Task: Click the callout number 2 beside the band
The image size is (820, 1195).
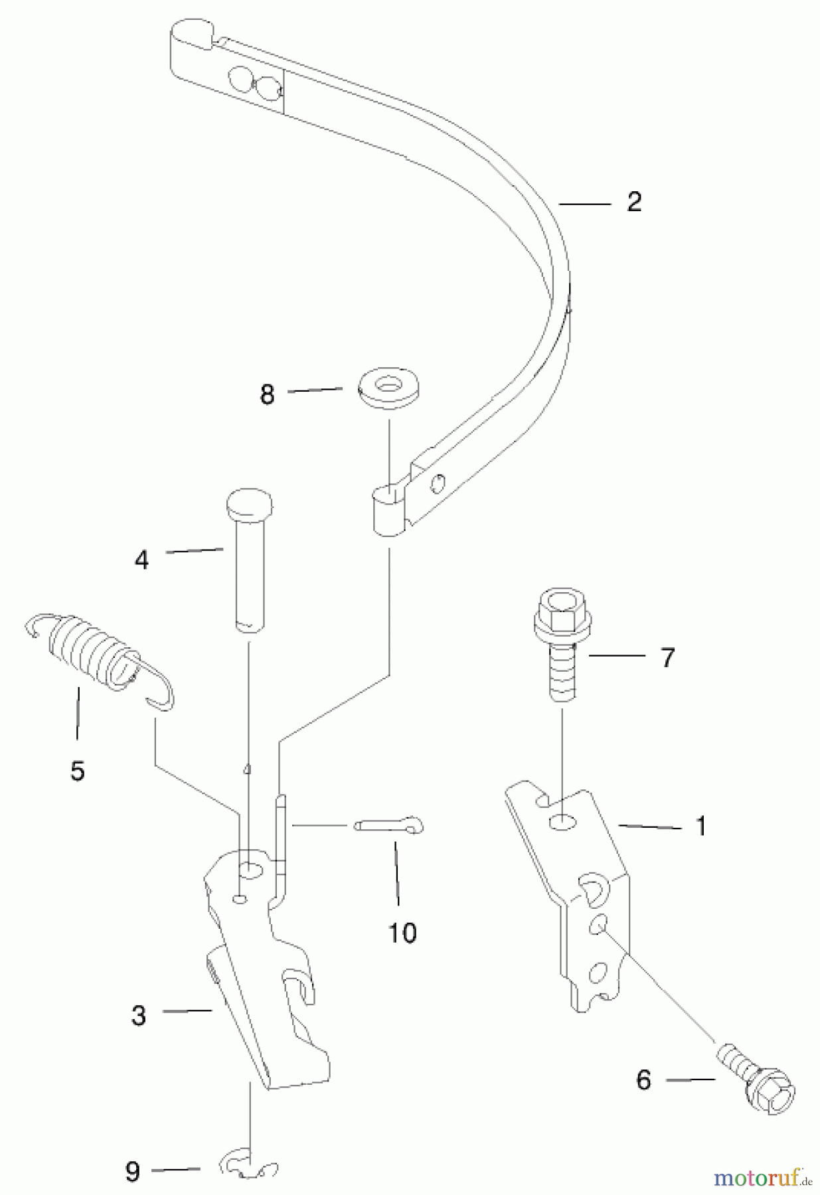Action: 634,202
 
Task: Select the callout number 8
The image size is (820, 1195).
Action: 267,394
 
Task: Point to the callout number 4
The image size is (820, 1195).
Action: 141,560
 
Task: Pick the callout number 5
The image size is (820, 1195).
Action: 78,771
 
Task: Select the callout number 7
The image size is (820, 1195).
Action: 667,657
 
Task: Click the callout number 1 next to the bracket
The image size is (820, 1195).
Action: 700,827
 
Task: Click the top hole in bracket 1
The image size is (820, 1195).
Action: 562,823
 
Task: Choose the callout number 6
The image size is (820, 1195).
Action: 643,1080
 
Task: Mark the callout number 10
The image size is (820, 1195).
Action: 402,933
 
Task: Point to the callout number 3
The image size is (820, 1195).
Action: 138,1015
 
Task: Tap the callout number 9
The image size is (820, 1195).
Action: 133,1171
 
